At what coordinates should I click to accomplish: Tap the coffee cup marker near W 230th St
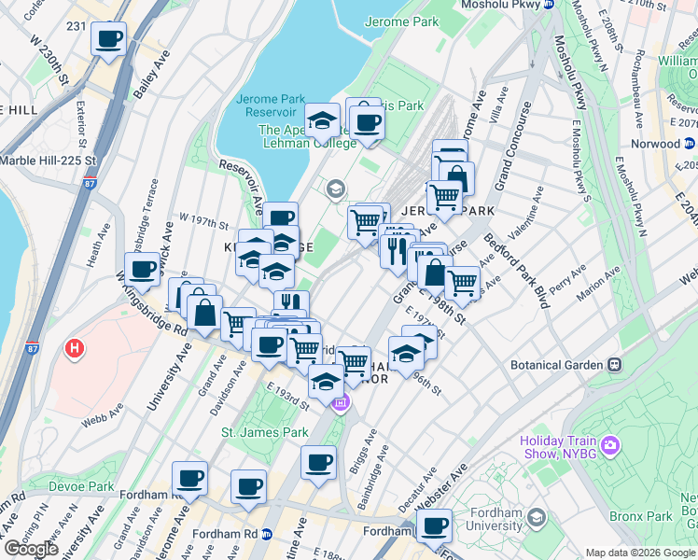(x=108, y=40)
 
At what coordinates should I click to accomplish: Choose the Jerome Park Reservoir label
(x=272, y=105)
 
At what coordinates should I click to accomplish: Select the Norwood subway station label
(x=654, y=144)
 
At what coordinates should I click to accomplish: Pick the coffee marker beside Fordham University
(x=434, y=526)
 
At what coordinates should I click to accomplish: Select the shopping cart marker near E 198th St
(x=462, y=282)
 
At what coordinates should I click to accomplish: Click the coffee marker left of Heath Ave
(x=142, y=271)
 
